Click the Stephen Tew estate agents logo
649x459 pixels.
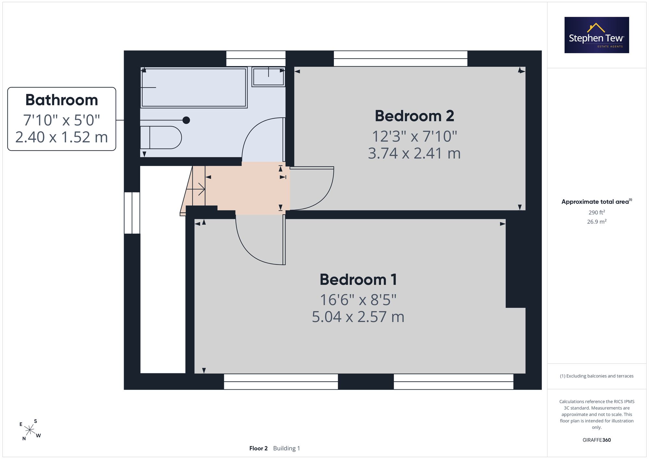tap(597, 35)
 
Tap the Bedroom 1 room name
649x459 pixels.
tap(358, 280)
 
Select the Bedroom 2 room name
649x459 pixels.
tap(414, 116)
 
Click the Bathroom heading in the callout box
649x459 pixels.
tap(62, 100)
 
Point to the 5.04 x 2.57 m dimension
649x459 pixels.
tap(358, 317)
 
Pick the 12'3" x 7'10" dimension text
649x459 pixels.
tap(414, 136)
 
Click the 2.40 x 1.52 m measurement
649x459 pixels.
tap(62, 137)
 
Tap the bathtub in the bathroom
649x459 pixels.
tap(194, 88)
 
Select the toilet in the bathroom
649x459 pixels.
tap(161, 138)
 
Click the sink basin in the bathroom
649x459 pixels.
tap(268, 77)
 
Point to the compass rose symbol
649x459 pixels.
tap(30, 430)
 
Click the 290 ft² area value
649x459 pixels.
tap(597, 212)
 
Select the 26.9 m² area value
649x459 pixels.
tap(597, 222)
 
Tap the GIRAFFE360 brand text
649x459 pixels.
tap(597, 440)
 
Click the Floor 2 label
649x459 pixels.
tap(258, 448)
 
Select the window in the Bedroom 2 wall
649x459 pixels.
tap(400, 58)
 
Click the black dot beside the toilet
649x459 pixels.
tap(186, 120)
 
